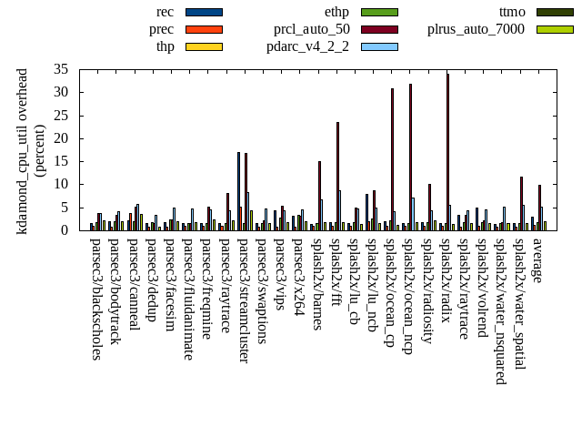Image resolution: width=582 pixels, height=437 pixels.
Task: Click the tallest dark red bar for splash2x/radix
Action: [x=447, y=151]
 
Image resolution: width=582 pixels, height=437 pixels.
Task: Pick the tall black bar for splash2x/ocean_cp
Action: [x=392, y=159]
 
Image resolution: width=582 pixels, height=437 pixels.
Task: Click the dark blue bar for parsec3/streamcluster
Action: [x=238, y=191]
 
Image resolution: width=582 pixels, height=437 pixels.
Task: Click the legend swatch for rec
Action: [x=204, y=13]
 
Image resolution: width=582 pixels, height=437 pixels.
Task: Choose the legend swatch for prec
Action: [x=204, y=29]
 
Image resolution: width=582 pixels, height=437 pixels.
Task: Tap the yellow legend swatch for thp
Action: [x=204, y=46]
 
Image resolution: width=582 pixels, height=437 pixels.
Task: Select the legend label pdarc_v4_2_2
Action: [x=309, y=46]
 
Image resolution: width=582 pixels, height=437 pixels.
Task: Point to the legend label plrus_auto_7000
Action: [x=476, y=29]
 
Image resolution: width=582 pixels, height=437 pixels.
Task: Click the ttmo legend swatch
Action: [x=555, y=13]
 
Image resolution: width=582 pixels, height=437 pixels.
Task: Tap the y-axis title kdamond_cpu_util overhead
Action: [x=24, y=150]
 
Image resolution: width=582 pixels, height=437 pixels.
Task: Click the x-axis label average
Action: [x=537, y=260]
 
